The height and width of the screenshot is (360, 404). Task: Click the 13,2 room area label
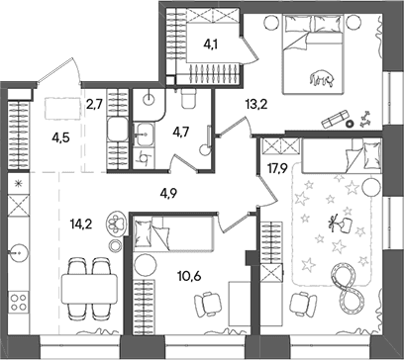click(x=255, y=105)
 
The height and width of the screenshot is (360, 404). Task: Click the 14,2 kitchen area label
click(x=81, y=225)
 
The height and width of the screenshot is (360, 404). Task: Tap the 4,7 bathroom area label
click(x=181, y=133)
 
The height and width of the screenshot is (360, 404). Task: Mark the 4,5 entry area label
click(x=60, y=137)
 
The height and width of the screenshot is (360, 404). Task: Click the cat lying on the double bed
click(x=322, y=78)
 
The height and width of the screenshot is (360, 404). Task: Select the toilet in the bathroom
click(x=188, y=99)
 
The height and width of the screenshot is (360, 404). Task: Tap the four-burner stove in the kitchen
click(x=18, y=303)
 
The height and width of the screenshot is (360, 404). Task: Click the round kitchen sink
click(x=19, y=253)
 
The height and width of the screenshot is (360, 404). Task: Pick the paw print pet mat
click(x=115, y=224)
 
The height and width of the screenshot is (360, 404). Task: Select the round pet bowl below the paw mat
click(x=116, y=245)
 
